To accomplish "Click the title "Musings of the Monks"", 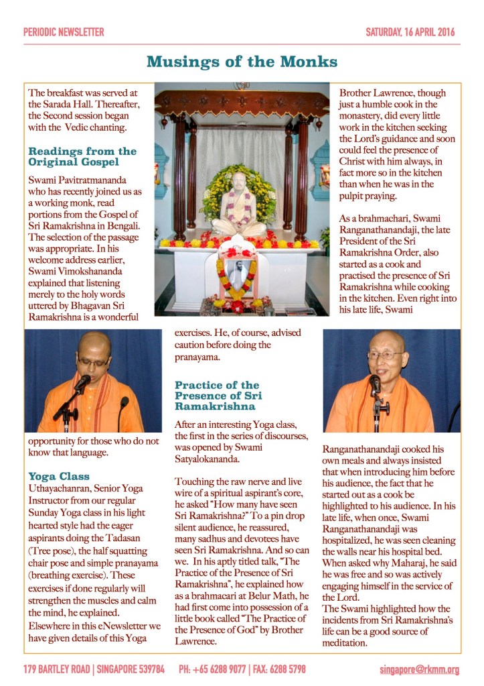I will click(242, 62).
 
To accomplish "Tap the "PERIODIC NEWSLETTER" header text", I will click(64, 32).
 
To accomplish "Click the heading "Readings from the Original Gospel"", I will click(82, 157).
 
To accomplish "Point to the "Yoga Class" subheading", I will click(59, 476).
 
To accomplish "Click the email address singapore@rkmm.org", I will click(419, 669).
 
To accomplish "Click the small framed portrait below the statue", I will click(238, 274).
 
